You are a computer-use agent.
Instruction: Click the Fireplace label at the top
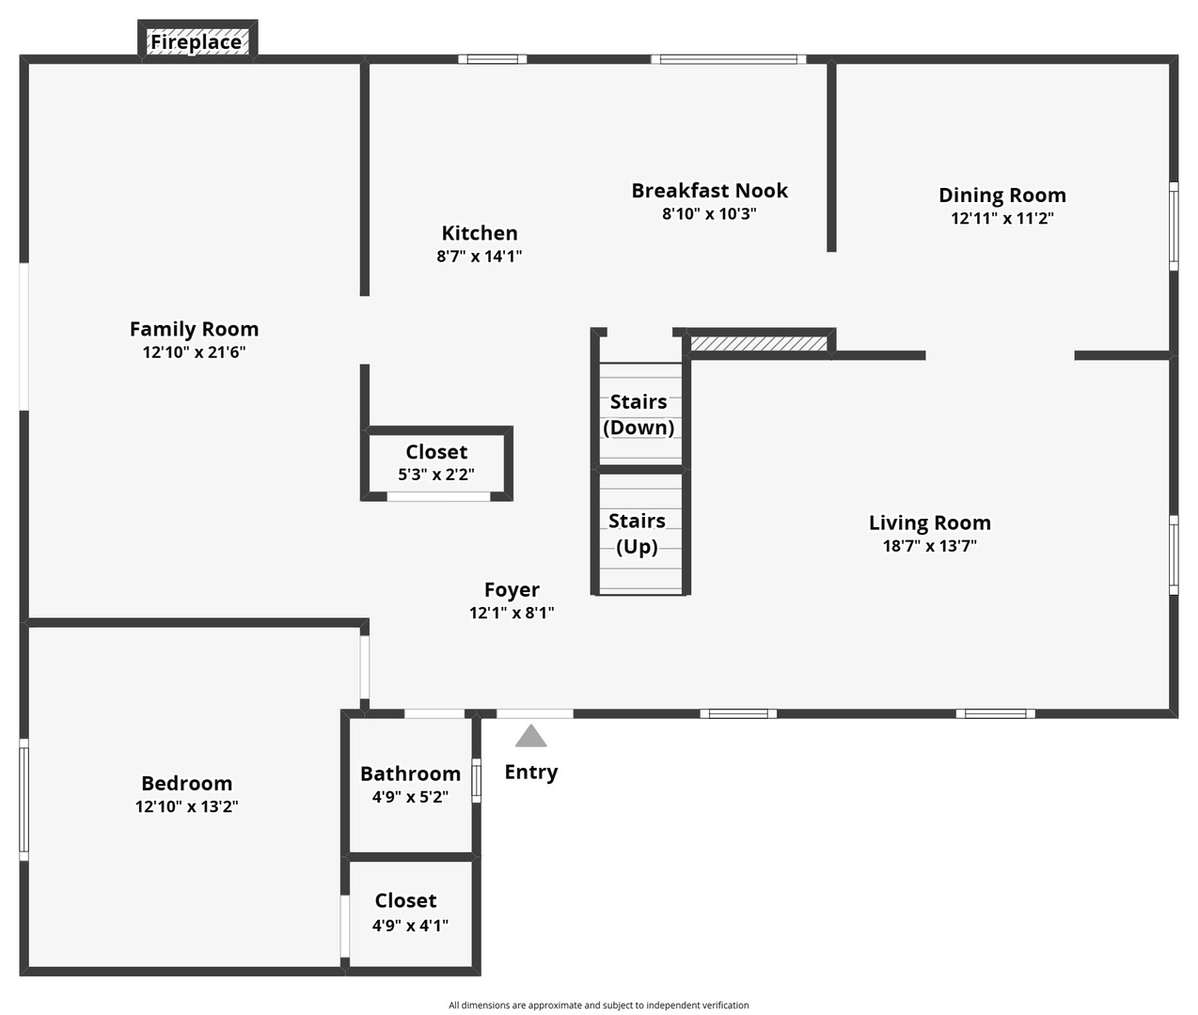(x=197, y=42)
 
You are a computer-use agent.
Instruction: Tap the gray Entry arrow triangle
(x=531, y=736)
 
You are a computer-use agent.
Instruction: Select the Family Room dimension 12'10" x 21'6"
(x=194, y=352)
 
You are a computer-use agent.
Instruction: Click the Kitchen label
(x=480, y=233)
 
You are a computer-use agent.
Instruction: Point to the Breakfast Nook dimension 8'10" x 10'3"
(x=709, y=213)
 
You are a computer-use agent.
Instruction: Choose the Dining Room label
(x=1002, y=195)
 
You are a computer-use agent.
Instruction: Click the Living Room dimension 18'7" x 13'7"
(x=929, y=546)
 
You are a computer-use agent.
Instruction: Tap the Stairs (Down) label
(x=638, y=414)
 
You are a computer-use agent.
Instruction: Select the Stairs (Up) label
(x=637, y=534)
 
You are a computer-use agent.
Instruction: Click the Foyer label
(x=512, y=590)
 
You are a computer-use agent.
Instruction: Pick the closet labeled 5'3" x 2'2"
(x=436, y=463)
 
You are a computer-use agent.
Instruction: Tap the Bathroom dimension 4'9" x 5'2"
(x=410, y=797)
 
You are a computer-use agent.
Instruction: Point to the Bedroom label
(x=186, y=784)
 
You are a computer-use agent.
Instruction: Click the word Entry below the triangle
(x=531, y=773)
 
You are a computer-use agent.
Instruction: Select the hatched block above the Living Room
(x=760, y=343)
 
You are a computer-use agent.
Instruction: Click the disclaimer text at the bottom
(x=598, y=1006)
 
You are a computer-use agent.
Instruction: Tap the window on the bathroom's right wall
(x=476, y=780)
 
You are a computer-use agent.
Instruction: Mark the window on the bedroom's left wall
(x=24, y=799)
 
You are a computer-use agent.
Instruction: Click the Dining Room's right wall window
(x=1173, y=226)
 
